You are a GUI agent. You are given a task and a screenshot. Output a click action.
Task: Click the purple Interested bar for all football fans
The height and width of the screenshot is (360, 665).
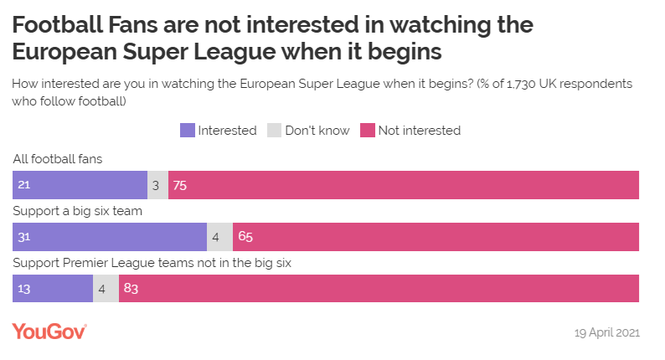tap(80, 186)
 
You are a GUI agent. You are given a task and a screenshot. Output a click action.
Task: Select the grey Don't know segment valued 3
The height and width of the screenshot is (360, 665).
tap(157, 186)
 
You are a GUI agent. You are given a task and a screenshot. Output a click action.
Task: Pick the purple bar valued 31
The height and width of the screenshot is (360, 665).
tap(110, 237)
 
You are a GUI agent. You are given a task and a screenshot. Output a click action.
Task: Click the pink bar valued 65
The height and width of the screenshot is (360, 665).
tap(436, 237)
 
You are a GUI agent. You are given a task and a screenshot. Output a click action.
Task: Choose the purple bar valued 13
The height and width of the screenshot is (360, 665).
tap(53, 288)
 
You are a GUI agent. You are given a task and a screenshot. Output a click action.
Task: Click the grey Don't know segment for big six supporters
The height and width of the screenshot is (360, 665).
tap(219, 237)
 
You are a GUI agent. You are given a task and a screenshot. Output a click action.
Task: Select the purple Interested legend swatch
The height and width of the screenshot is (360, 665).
tap(188, 131)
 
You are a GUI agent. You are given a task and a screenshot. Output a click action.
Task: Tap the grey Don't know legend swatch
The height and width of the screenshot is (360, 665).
tap(274, 131)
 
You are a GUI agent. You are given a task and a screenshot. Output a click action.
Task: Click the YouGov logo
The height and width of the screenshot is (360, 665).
tap(49, 332)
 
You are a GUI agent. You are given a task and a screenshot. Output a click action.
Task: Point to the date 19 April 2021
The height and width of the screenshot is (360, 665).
tap(606, 332)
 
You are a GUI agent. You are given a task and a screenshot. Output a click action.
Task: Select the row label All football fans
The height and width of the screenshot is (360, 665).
tap(58, 157)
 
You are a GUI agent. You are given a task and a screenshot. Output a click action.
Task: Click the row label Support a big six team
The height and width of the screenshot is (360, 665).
tap(78, 210)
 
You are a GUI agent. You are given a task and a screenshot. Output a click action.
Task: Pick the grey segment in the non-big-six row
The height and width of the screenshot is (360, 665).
tap(106, 288)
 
